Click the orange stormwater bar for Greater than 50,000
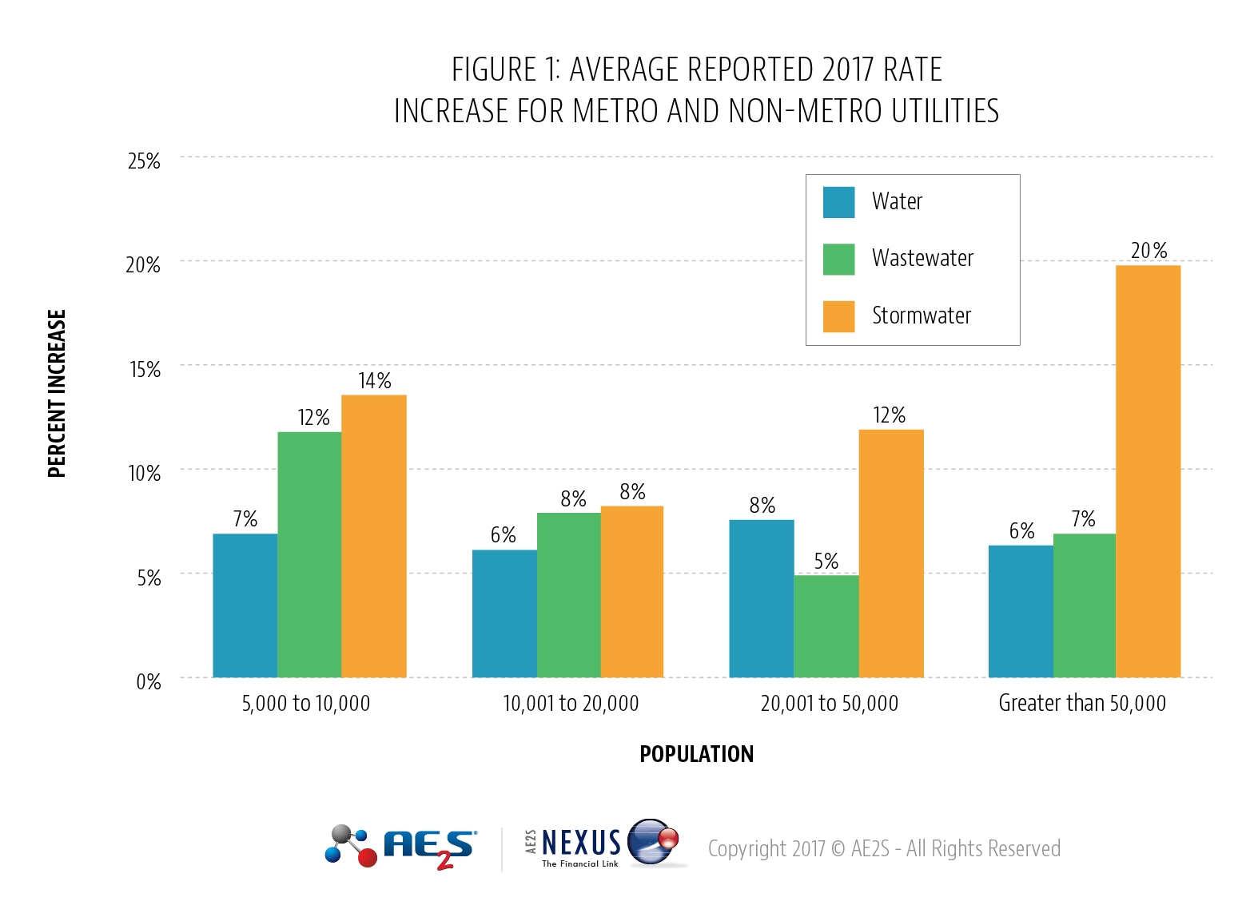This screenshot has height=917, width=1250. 1148,471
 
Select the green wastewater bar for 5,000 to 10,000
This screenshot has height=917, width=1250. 309,554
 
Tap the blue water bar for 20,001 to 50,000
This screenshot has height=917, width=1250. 761,598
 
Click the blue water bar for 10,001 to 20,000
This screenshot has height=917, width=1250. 504,613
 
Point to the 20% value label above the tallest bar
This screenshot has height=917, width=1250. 1148,251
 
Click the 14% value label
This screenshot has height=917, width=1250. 374,381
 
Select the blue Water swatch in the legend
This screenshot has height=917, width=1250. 838,202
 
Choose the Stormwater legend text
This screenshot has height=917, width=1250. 921,316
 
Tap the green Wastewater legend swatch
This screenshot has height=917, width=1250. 838,259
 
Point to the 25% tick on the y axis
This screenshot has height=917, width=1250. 144,161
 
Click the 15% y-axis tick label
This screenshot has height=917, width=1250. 145,369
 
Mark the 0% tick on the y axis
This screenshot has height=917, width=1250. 148,681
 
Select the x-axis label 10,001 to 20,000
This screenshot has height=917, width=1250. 570,704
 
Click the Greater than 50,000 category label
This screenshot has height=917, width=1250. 1081,704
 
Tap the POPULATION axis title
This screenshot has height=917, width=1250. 696,754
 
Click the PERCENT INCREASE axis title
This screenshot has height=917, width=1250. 57,394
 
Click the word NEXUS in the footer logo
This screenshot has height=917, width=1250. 581,842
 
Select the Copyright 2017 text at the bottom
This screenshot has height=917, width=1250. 884,848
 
